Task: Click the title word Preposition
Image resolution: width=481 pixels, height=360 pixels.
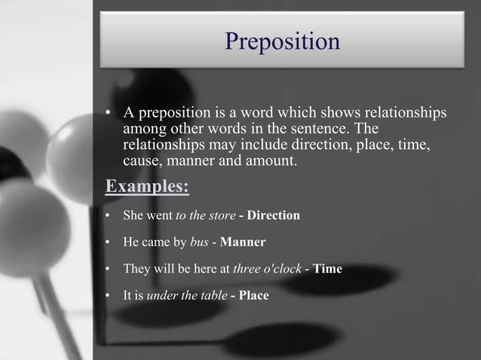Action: (x=283, y=41)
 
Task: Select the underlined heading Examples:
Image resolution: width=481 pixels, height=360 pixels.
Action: (x=146, y=185)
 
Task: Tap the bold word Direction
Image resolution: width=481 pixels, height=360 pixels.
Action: (x=274, y=215)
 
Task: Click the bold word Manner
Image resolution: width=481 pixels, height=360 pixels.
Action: (x=243, y=243)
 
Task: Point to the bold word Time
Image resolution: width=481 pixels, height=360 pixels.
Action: (x=328, y=269)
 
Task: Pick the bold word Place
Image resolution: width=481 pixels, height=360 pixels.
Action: (x=254, y=295)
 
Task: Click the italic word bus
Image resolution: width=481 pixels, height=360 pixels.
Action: (x=199, y=243)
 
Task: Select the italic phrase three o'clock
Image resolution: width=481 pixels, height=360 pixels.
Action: (x=268, y=269)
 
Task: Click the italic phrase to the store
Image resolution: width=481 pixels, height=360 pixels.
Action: (x=205, y=215)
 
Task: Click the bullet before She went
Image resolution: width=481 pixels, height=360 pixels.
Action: (x=108, y=216)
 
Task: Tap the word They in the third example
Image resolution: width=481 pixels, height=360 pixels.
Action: (x=136, y=269)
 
